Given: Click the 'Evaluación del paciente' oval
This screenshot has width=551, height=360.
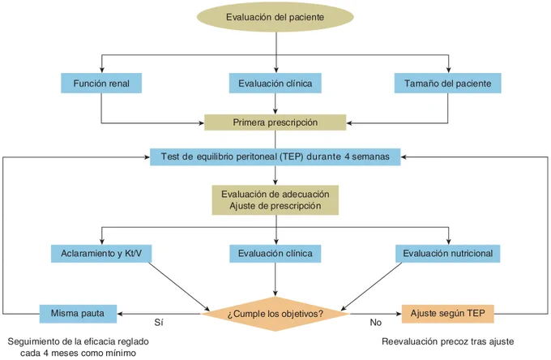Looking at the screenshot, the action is (x=275, y=17).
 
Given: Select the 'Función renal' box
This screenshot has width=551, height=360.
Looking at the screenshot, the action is (x=101, y=84).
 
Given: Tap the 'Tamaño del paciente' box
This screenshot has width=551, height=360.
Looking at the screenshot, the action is (x=447, y=84).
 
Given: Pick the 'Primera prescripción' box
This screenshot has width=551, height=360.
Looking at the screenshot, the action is (x=275, y=122).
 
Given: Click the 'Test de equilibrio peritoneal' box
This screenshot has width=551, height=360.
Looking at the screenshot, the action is (x=275, y=156).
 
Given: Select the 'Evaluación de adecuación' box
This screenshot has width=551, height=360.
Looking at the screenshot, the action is (x=275, y=200).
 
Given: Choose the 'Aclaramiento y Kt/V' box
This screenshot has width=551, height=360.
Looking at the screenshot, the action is (x=101, y=254).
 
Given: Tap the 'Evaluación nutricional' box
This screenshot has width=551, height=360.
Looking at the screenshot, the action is (x=447, y=254).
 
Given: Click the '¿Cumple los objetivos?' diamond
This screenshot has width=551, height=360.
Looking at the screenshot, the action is (x=275, y=314).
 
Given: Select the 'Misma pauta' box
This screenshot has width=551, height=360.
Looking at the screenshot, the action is (x=78, y=314).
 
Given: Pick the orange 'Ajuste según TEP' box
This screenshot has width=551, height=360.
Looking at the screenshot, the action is (x=447, y=314).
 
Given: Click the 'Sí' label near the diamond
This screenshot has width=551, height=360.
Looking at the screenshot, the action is (x=159, y=323).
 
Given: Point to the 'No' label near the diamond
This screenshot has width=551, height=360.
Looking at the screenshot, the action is (x=376, y=323).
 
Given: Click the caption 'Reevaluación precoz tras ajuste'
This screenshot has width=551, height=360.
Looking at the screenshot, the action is (x=447, y=341).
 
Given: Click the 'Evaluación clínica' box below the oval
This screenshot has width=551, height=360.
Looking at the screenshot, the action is (x=275, y=84).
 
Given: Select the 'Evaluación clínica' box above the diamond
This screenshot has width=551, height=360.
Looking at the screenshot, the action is (x=275, y=254).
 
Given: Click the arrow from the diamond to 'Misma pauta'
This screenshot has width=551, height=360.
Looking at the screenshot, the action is (x=159, y=314).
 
